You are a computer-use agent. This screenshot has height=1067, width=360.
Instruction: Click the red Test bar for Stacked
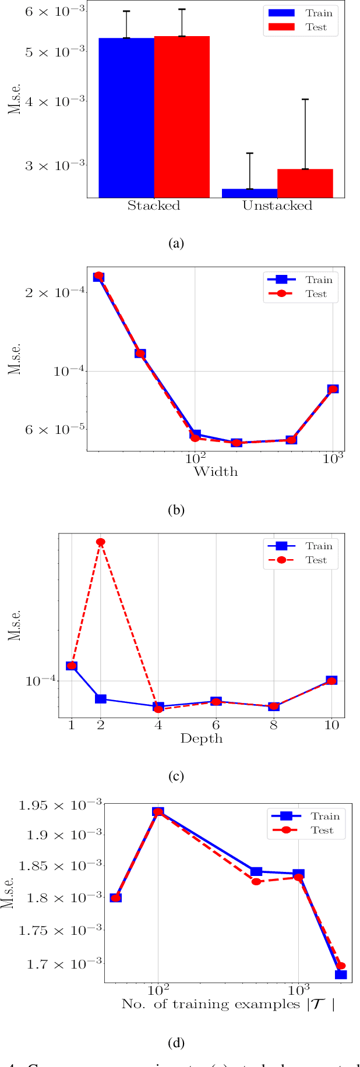[182, 116]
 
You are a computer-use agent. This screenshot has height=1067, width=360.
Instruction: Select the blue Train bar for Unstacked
[250, 193]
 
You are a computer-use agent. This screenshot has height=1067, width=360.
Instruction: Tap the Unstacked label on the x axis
[277, 206]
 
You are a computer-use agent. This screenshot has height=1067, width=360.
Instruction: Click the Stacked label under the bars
[154, 206]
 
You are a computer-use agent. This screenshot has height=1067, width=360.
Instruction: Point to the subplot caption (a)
[176, 243]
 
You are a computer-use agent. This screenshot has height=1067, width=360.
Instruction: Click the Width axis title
[216, 471]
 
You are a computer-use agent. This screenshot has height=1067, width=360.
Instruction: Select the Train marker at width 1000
[333, 389]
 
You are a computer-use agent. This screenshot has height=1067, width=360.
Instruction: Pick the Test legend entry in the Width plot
[301, 294]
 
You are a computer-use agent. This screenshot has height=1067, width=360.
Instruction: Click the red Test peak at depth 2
[101, 542]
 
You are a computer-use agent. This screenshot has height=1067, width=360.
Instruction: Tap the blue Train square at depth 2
[101, 699]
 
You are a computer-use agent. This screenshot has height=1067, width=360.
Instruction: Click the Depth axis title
[202, 739]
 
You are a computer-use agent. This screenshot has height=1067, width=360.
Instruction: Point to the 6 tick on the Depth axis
[216, 725]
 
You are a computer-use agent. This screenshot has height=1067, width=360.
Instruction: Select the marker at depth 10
[331, 681]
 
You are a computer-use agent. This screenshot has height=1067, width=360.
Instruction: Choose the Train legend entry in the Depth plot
[301, 546]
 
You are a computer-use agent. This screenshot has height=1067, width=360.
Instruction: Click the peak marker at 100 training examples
[158, 812]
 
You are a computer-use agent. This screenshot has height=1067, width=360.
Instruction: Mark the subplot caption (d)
[176, 1043]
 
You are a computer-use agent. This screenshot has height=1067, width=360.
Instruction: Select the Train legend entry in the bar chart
[301, 13]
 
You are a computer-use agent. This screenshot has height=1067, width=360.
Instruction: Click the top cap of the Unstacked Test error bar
[305, 100]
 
